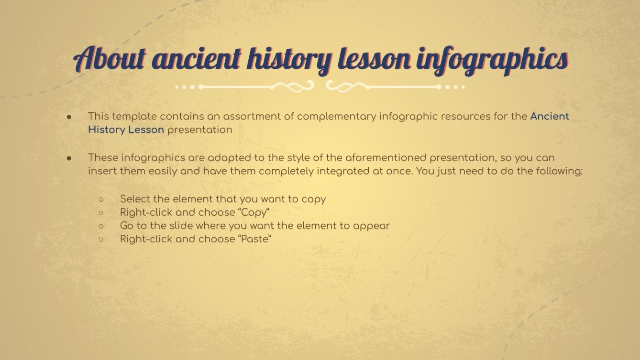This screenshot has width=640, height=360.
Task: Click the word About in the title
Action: click(110, 60)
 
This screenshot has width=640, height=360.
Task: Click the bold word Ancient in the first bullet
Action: click(550, 116)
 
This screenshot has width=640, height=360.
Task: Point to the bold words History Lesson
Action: click(126, 130)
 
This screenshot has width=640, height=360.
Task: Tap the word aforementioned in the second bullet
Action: click(383, 157)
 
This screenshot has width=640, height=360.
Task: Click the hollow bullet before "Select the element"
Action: click(101, 199)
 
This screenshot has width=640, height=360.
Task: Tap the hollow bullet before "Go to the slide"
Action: click(101, 226)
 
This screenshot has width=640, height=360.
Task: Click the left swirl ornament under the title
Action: click(294, 87)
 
